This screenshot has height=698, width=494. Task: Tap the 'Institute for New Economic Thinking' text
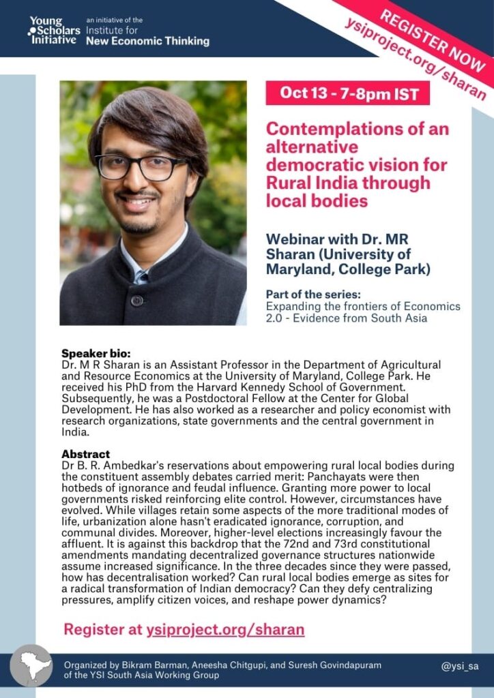coord(147,36)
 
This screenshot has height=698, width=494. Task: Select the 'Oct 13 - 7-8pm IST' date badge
coord(347,93)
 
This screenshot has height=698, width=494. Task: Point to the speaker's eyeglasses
coord(141,166)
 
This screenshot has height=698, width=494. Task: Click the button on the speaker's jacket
coord(137,300)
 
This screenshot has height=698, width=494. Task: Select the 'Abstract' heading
coord(86,454)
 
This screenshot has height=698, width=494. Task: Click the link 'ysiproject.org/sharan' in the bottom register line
coord(225,629)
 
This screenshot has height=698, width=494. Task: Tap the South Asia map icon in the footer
coord(31,665)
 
